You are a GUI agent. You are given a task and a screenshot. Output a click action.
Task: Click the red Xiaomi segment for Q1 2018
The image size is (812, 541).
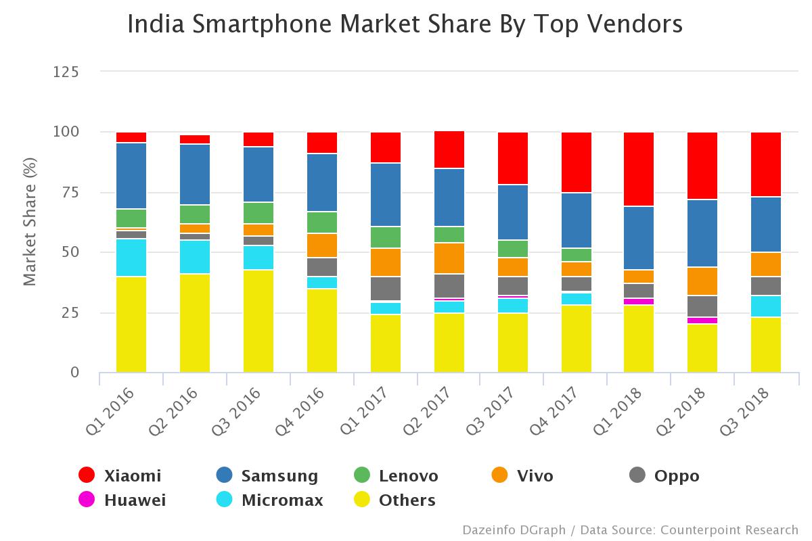point(639,169)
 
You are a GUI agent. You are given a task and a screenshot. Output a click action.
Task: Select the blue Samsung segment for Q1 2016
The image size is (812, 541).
point(131,176)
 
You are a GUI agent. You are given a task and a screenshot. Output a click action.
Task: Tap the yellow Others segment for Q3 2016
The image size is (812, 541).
point(258,321)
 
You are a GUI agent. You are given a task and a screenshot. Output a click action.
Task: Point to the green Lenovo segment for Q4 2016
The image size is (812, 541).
point(322,222)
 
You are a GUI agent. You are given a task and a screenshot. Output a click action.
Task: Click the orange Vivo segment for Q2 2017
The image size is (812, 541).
point(449,258)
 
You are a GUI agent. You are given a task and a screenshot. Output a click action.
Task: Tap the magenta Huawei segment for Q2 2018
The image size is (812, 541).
point(702,321)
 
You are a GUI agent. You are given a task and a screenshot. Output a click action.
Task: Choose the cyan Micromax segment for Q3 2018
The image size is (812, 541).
point(766,306)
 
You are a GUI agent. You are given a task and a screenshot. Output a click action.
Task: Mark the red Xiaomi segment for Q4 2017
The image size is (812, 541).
point(577,162)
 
